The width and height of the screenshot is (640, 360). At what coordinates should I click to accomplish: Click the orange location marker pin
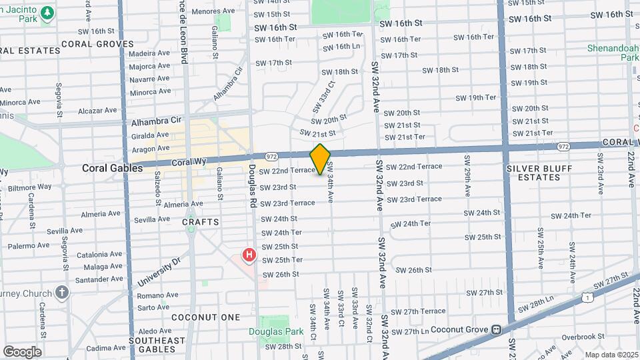coord(320,159)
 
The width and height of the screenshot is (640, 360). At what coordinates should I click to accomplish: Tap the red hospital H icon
coord(249,255)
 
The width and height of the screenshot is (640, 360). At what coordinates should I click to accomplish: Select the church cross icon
coord(62,292)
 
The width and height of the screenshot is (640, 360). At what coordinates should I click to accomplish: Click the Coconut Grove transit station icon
coord(496,329)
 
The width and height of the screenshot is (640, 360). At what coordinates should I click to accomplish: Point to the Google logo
coord(22,351)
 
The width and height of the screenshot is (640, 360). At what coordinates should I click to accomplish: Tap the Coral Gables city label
coord(112,169)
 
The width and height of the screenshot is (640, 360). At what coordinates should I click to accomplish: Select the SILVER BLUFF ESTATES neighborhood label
coord(541,173)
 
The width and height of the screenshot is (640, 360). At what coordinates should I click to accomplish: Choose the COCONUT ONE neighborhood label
coord(205,317)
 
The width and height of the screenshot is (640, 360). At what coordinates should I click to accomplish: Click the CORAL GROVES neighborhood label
coord(97,44)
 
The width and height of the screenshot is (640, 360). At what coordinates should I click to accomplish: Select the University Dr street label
coord(159,273)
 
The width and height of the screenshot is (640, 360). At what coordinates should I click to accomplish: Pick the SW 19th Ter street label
coord(475,97)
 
